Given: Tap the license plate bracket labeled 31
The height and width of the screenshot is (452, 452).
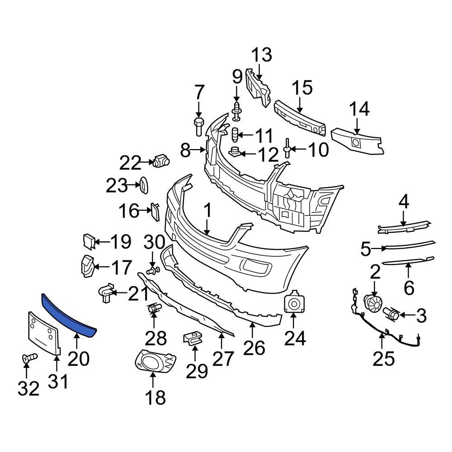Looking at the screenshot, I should click(44, 333).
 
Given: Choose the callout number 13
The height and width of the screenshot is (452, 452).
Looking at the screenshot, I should click(262, 55).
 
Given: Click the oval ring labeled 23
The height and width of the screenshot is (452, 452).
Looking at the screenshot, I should click(144, 185).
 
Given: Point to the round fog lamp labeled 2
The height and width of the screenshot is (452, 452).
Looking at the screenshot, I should click(373, 303).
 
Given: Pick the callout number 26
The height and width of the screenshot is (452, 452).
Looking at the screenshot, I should click(254, 348).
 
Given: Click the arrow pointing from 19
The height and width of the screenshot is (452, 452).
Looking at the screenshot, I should click(101, 243).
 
